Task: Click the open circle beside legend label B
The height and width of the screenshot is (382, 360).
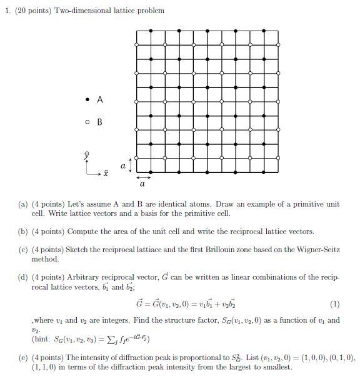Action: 87,122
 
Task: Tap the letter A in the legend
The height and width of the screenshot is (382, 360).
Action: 99,100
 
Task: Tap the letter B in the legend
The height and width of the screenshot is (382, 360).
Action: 99,122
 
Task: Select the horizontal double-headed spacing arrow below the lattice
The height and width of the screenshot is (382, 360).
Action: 143,177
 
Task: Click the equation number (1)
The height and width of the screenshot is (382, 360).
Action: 335,305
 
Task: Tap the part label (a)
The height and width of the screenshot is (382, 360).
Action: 24,204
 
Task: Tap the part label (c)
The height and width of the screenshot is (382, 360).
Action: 24,249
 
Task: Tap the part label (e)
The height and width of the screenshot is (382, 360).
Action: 24,358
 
